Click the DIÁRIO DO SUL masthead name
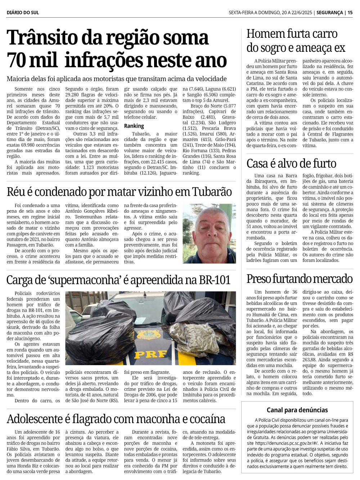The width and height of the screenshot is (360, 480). coord(23,13)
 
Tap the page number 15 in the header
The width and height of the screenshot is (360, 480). coord(350,13)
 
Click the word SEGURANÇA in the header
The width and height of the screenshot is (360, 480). coord(330,13)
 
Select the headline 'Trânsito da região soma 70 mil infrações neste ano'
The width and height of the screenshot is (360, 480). coord(117,49)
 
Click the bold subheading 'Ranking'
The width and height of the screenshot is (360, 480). coord(134,126)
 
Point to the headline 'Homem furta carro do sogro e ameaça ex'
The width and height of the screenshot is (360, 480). coord(296,41)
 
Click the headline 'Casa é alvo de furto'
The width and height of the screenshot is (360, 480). coord(291,164)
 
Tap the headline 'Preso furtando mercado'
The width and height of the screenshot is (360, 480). coord(299,279)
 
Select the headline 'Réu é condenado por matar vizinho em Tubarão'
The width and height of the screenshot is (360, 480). coord(119,192)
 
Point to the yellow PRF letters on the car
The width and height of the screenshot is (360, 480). coord(150,355)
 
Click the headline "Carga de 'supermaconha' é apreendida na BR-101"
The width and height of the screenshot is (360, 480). coord(118,280)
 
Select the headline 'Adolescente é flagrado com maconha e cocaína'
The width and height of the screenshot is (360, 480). coord(116,419)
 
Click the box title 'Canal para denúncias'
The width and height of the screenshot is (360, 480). coord(297,410)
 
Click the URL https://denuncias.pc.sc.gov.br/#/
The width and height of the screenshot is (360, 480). coord(283,443)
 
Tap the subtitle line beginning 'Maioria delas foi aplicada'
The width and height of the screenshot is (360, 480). coord(117,79)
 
